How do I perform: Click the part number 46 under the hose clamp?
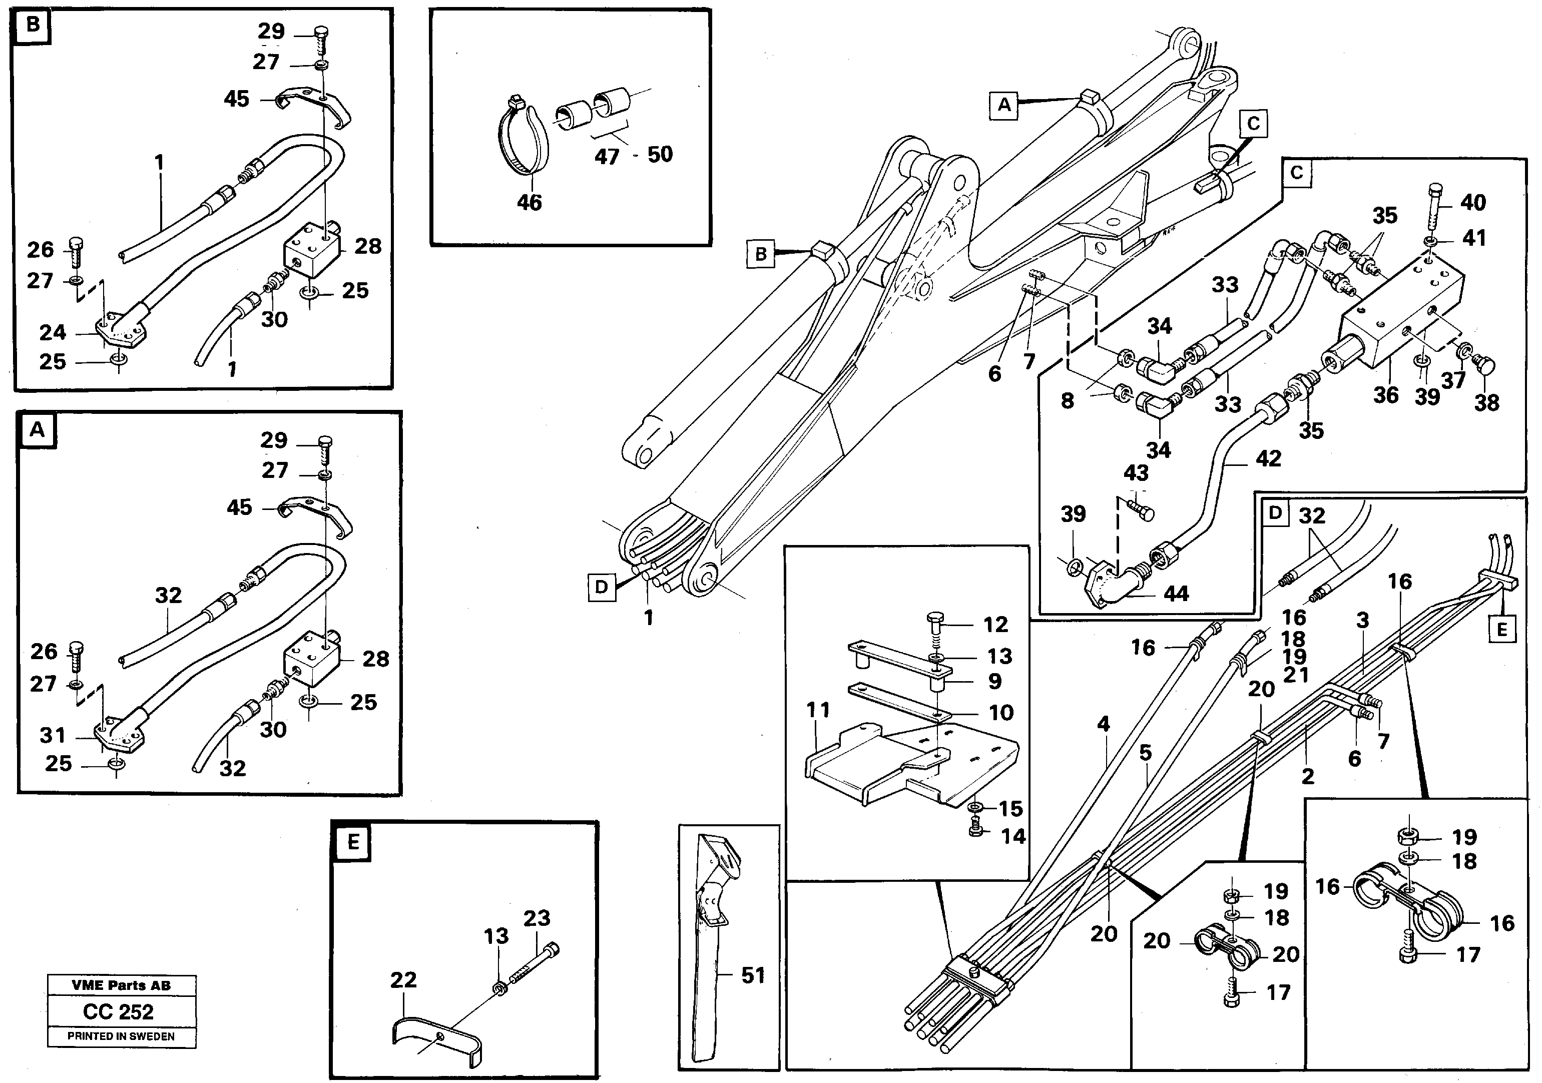click(x=529, y=202)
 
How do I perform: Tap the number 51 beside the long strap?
click(x=753, y=975)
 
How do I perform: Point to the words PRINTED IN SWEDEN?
click(x=121, y=1036)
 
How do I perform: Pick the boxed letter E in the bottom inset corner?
click(x=353, y=842)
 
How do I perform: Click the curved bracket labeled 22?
click(x=436, y=1037)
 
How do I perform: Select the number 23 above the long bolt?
click(x=537, y=918)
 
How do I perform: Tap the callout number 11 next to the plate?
click(x=818, y=710)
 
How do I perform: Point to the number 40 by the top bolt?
click(x=1473, y=202)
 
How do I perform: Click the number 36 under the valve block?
click(x=1385, y=395)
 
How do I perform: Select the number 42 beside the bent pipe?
click(x=1268, y=458)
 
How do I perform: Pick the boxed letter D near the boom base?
click(x=601, y=588)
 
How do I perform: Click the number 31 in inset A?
click(x=53, y=735)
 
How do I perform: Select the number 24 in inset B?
click(x=53, y=332)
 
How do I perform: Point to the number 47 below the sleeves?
click(x=607, y=157)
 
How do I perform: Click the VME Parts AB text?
click(x=121, y=985)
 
